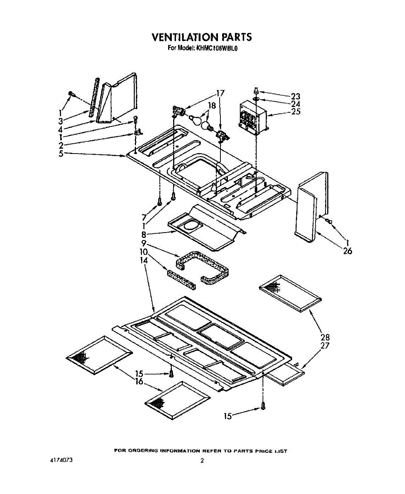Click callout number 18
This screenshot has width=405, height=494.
tap(212, 105)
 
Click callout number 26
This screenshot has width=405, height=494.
tap(347, 251)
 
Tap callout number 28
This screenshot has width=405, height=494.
tap(325, 338)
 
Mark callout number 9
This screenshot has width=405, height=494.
tap(144, 243)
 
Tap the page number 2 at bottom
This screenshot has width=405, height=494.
tap(202, 461)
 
